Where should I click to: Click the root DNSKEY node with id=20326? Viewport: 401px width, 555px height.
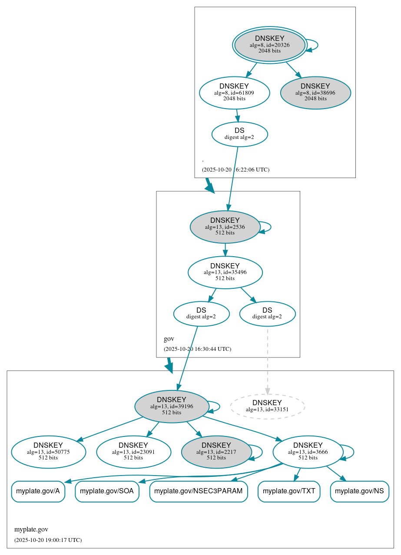pos(270,45)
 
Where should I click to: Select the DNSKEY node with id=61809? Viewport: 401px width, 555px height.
pos(235,92)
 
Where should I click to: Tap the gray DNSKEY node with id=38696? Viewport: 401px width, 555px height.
pos(315,92)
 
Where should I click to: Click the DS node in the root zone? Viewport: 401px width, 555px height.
pos(239,134)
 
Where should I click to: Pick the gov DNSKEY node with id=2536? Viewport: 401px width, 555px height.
pos(225,227)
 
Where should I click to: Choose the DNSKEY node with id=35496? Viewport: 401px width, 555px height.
pos(225,272)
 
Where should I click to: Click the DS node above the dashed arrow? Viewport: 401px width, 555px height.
pos(267,314)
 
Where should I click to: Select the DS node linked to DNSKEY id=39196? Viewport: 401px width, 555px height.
pos(201,314)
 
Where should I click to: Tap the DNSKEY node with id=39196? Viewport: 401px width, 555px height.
pos(172,406)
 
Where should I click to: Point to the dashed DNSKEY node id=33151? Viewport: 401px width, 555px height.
pos(267,406)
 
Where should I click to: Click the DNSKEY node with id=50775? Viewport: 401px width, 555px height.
pos(48,452)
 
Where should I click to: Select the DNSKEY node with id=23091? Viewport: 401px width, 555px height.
pos(133,452)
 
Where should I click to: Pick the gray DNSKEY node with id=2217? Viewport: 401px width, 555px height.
pos(216,452)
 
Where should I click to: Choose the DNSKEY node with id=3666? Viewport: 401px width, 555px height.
pos(308,452)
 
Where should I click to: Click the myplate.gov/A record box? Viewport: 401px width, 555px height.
pos(38,491)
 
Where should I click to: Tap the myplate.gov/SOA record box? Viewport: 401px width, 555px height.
pos(107,491)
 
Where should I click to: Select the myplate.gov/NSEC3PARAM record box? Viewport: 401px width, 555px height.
pos(199,491)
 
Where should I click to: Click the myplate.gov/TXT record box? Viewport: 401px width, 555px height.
pos(289,491)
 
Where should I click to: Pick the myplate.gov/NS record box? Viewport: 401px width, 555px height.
pos(359,491)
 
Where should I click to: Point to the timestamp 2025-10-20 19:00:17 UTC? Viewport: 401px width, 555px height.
pos(48,540)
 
